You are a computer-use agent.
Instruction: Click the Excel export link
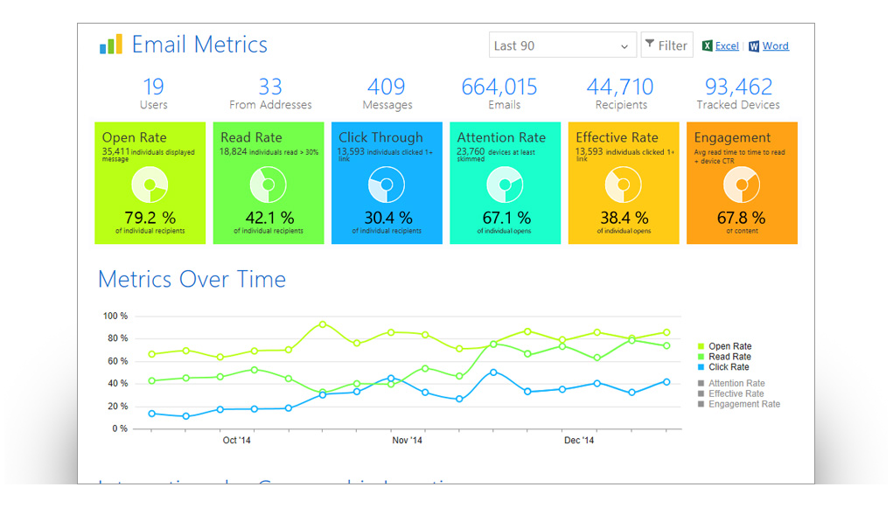726,46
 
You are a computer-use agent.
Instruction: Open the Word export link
774,46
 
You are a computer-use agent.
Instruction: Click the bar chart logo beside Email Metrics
111,45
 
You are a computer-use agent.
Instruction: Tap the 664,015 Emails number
499,87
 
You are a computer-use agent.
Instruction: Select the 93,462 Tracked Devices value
738,87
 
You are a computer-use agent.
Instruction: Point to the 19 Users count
153,87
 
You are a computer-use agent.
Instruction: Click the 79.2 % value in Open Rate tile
150,217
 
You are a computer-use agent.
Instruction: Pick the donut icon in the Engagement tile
742,184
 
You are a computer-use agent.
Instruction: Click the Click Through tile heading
380,137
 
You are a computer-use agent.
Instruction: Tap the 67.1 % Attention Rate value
506,217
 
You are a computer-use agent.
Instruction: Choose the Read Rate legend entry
729,357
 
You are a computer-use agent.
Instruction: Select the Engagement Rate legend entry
743,404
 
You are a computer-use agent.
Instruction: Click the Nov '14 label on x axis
408,441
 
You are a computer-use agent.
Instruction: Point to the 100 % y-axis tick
115,316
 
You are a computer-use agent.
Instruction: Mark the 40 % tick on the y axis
118,384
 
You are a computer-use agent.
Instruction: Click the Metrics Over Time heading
192,279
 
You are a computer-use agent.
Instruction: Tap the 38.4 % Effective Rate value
624,217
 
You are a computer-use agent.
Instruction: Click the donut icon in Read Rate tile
268,184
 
